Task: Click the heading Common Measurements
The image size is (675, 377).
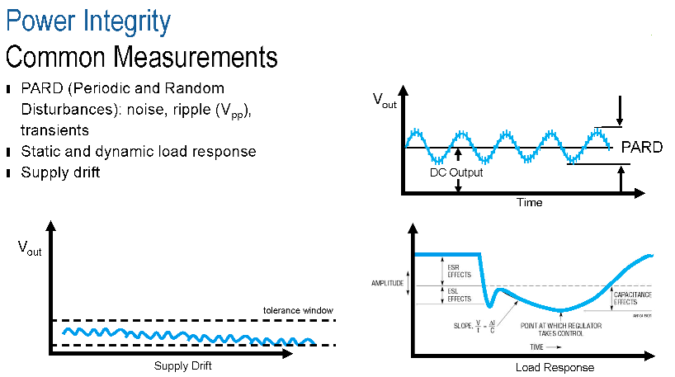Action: (x=141, y=57)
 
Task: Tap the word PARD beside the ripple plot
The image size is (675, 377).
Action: (x=641, y=147)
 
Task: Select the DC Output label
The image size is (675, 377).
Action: (x=456, y=173)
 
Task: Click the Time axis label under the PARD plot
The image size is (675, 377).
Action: (x=529, y=202)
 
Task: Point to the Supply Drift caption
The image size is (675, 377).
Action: (x=183, y=365)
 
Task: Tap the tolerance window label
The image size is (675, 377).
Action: (x=298, y=310)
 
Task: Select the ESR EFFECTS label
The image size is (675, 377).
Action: (x=460, y=270)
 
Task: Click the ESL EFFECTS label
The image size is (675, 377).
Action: (x=460, y=295)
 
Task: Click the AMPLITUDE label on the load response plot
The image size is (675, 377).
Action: (x=387, y=283)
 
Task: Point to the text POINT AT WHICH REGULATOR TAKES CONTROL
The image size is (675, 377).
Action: (x=560, y=329)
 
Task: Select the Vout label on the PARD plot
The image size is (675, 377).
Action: (x=385, y=101)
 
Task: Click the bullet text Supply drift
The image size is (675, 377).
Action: (x=60, y=172)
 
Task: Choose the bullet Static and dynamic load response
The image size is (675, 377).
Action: (x=138, y=152)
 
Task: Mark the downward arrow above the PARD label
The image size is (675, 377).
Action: (x=621, y=110)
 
